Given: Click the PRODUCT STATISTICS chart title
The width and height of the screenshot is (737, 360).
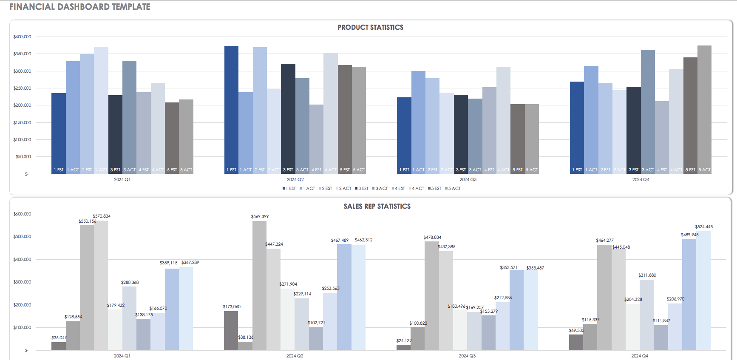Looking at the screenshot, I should [x=370, y=27].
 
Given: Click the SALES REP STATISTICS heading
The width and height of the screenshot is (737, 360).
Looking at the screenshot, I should [x=377, y=206].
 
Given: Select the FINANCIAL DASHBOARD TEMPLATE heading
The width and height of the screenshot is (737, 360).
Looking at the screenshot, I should [x=80, y=7].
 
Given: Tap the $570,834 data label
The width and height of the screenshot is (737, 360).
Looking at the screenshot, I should [x=102, y=216].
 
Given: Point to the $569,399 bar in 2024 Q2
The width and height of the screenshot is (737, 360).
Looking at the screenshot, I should [x=259, y=285].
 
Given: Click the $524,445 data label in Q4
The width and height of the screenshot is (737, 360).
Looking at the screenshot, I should [x=704, y=227].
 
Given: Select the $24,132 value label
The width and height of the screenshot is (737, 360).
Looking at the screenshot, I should [x=404, y=340].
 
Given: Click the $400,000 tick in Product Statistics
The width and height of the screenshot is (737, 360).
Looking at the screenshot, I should [x=22, y=37].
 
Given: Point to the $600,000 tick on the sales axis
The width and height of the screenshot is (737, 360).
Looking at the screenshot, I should [x=22, y=214].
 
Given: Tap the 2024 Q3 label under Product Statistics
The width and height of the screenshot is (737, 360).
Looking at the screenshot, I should [x=468, y=179].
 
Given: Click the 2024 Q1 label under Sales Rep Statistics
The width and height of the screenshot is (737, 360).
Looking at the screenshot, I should [x=122, y=356].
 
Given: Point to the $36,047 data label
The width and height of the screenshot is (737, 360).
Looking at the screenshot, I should [x=59, y=337].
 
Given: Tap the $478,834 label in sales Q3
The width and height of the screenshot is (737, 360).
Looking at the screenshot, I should [x=432, y=237].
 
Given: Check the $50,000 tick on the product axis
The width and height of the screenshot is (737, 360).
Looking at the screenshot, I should [x=23, y=157].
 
